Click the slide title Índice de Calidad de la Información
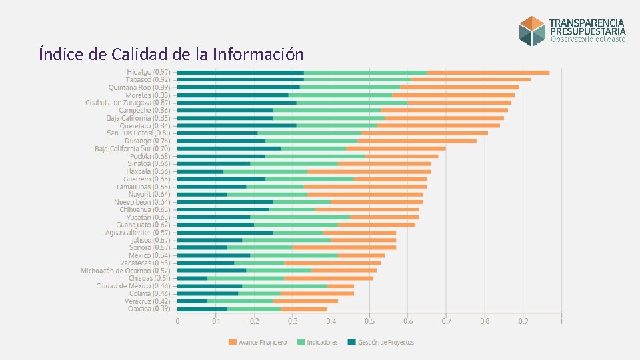pyautogui.click(x=171, y=54)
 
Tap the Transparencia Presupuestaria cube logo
pyautogui.click(x=533, y=31)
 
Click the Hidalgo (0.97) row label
pyautogui.click(x=149, y=72)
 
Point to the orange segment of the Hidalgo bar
pyautogui.click(x=488, y=72)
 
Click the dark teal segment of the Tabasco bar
pyautogui.click(x=241, y=80)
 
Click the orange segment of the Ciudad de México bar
pyautogui.click(x=341, y=285)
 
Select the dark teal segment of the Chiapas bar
pyautogui.click(x=193, y=278)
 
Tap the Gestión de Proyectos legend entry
pyautogui.click(x=381, y=343)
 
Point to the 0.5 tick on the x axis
pyautogui.click(x=369, y=321)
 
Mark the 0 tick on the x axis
pyautogui.click(x=177, y=321)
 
